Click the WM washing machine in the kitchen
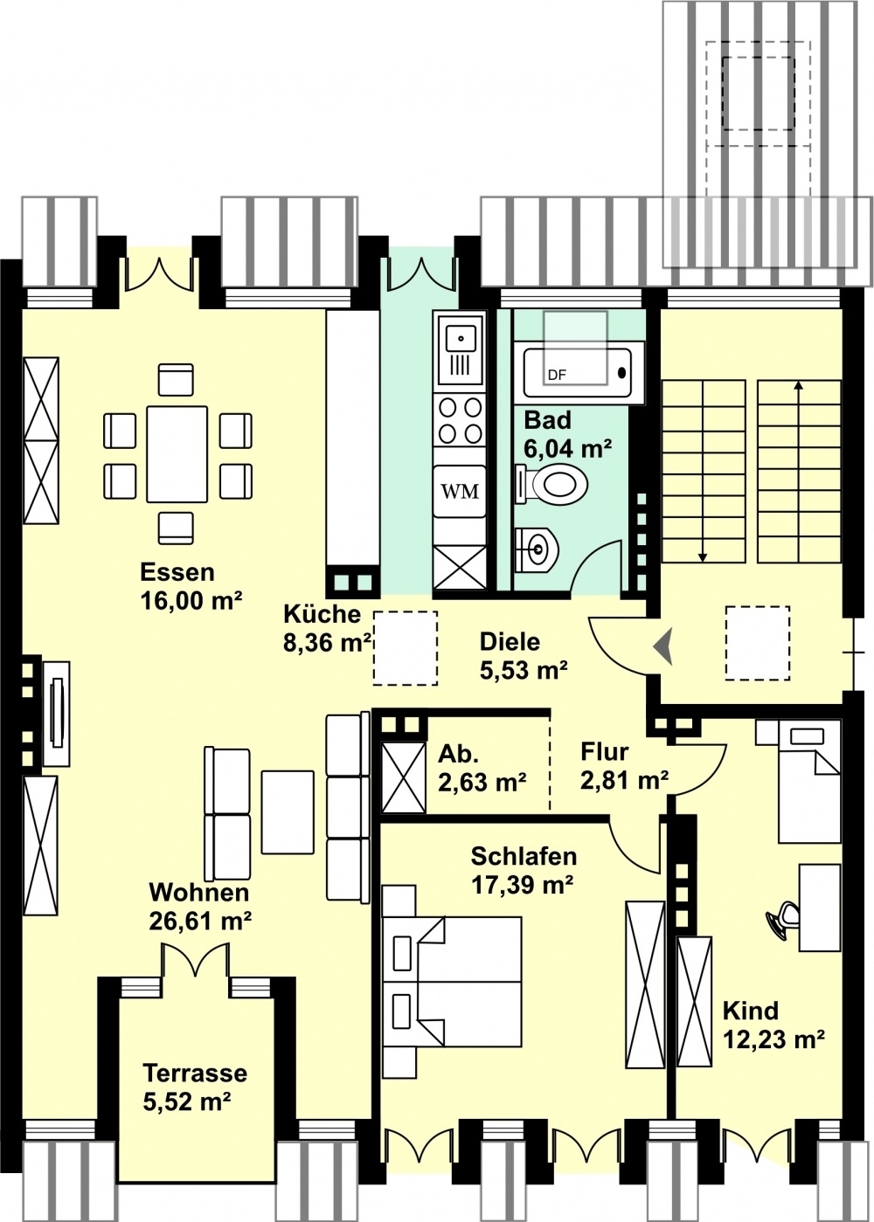click(x=460, y=492)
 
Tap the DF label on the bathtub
click(x=557, y=376)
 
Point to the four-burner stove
click(x=460, y=420)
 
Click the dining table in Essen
click(x=177, y=454)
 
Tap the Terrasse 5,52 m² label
click(x=195, y=1087)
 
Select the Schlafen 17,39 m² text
click(x=523, y=871)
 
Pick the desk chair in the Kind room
click(x=784, y=920)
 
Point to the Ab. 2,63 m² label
click(x=482, y=769)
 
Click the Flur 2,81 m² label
click(x=624, y=765)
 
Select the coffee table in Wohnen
click(x=288, y=812)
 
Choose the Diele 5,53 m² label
click(x=524, y=656)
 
